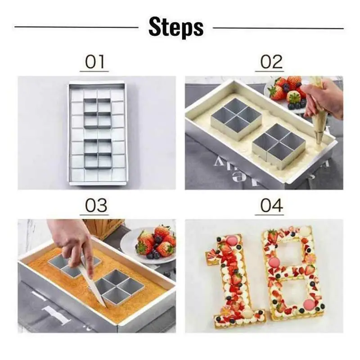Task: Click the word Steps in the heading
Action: pos(176,27)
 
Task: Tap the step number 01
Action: pos(94,62)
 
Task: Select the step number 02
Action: pos(271,62)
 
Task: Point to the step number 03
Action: pos(96,206)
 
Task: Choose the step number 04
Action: pos(271,206)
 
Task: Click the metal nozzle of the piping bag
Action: pos(319,139)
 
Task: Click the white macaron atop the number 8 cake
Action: pos(305,229)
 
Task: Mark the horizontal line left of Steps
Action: pos(76,27)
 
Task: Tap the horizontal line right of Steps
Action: pos(278,28)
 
